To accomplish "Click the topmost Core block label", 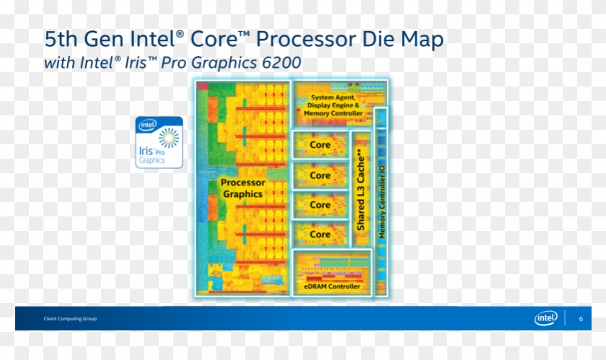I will coord(320,145).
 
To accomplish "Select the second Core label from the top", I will coord(320,175).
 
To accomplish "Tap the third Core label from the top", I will coord(320,205).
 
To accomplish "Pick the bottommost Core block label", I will coord(320,234).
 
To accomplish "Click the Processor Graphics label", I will coord(242,188).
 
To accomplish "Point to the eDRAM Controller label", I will coord(332,286).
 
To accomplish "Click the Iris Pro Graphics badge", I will coord(159,142).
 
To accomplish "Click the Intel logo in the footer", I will coord(545,318).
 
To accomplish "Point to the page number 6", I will coord(581,318).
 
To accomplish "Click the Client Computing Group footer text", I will coord(70,319).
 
